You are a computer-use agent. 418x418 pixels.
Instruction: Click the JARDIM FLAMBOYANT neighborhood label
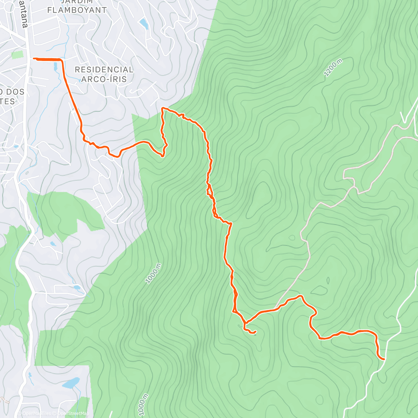(x=77, y=6)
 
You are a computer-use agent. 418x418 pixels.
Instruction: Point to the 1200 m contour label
(x=333, y=68)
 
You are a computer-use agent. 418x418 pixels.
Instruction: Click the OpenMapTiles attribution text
(x=37, y=413)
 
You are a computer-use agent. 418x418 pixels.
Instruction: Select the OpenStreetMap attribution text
(x=73, y=413)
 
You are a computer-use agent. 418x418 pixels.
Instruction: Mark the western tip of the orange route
(x=34, y=59)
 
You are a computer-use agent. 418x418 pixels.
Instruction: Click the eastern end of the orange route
(x=384, y=359)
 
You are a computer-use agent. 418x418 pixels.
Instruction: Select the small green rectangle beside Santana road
(x=17, y=55)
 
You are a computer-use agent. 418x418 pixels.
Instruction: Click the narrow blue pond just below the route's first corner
(x=55, y=67)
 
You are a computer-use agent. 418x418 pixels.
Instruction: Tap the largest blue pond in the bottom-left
(x=71, y=384)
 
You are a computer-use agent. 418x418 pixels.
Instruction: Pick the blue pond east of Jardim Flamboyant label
(x=143, y=23)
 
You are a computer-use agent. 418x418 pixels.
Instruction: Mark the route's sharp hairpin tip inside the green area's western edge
(x=162, y=156)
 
